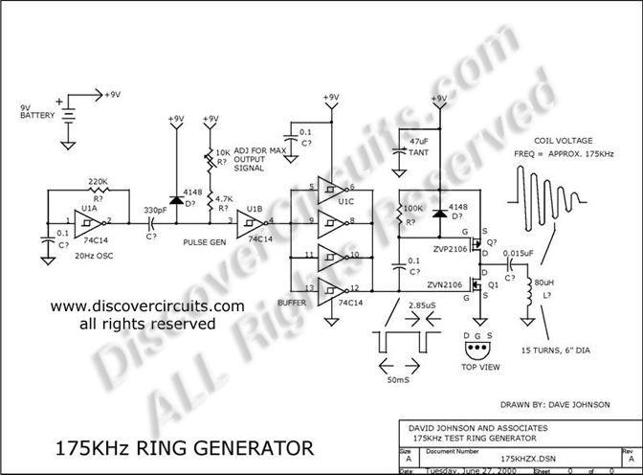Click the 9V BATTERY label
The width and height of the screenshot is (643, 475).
(26, 111)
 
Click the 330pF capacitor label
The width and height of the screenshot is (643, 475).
(154, 208)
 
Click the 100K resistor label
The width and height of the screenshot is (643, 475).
(412, 209)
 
